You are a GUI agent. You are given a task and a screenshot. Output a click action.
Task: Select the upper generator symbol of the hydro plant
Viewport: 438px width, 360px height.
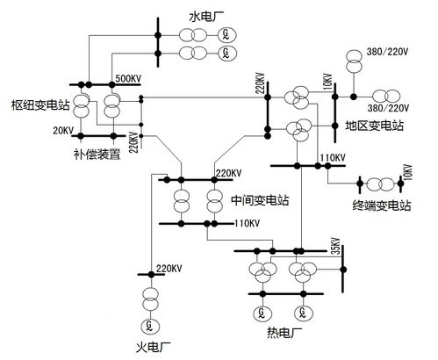pyautogui.click(x=226, y=35)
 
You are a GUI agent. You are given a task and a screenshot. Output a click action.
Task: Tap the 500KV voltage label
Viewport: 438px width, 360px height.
pyautogui.click(x=128, y=79)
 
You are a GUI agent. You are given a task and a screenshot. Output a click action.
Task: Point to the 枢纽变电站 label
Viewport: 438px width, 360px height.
pyautogui.click(x=40, y=105)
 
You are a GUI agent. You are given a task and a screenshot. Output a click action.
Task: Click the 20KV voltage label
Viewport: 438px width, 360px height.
pyautogui.click(x=63, y=131)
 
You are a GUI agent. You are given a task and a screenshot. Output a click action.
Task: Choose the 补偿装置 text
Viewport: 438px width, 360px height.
pyautogui.click(x=97, y=154)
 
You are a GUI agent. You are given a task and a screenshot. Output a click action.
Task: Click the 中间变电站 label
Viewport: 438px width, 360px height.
pyautogui.click(x=260, y=200)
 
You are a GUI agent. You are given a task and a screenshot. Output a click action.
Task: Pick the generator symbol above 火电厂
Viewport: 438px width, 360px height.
pyautogui.click(x=150, y=326)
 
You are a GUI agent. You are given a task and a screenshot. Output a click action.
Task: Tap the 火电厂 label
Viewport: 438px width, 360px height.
pyautogui.click(x=154, y=348)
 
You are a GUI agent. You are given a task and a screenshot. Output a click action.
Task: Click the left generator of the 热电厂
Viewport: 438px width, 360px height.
pyautogui.click(x=262, y=313)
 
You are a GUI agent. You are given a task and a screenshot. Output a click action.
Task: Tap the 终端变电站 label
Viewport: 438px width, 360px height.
pyautogui.click(x=382, y=205)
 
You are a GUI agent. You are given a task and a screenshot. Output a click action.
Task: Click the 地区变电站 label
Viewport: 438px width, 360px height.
pyautogui.click(x=375, y=126)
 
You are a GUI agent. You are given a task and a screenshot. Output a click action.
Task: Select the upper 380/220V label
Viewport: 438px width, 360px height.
pyautogui.click(x=387, y=52)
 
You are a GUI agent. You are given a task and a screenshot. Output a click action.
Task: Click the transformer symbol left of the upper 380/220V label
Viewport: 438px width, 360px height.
pyautogui.click(x=354, y=61)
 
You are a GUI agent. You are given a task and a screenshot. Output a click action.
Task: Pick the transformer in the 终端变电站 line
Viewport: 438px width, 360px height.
pyautogui.click(x=380, y=184)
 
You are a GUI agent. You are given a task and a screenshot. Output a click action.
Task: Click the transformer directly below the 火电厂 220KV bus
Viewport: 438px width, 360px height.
pyautogui.click(x=150, y=299)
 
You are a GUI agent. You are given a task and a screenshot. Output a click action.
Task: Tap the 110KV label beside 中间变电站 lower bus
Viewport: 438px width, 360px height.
pyautogui.click(x=248, y=223)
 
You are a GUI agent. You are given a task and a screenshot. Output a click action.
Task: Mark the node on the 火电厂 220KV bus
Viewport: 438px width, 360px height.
pyautogui.click(x=151, y=274)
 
